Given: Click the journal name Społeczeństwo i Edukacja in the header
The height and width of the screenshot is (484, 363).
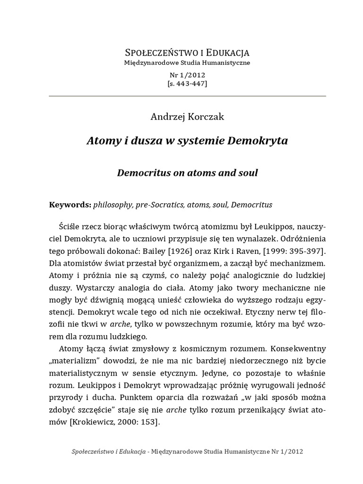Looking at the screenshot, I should pos(187,52).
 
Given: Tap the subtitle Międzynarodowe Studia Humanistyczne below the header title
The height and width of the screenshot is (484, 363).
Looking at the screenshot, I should pos(187,62).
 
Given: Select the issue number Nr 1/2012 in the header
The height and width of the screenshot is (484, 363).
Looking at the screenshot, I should pos(187,75).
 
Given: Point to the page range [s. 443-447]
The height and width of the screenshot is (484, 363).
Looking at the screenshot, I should pos(187,83).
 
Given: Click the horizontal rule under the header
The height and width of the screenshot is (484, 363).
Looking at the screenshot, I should pos(187,96).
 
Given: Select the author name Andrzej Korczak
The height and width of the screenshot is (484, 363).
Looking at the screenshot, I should pos(187,117).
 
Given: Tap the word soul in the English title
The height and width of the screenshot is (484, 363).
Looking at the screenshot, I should pos(248,173).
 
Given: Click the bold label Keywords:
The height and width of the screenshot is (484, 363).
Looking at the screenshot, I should pos(70,205).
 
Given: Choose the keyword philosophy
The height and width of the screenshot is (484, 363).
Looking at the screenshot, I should pos(113,205).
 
